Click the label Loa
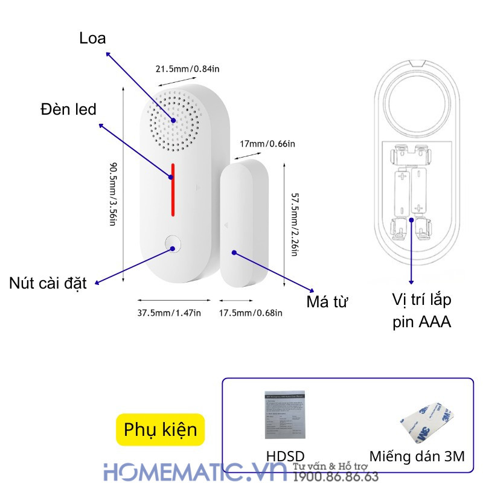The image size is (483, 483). [x=92, y=39]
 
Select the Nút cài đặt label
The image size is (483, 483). [x=48, y=283]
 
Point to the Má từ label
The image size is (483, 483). [x=328, y=301]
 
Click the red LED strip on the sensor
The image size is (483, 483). [x=173, y=190]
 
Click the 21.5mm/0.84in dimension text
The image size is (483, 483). [x=188, y=69]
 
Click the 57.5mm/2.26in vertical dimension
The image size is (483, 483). [x=295, y=224]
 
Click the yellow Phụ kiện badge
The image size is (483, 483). [x=161, y=429]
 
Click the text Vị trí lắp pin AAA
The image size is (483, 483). [x=421, y=310]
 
